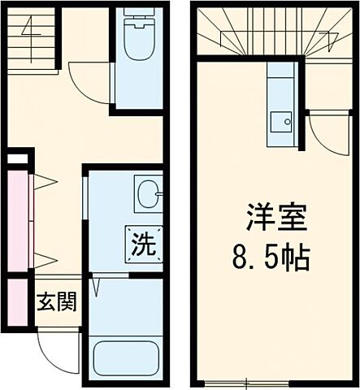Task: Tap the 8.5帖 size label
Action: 267,258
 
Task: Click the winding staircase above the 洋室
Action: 267,32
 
